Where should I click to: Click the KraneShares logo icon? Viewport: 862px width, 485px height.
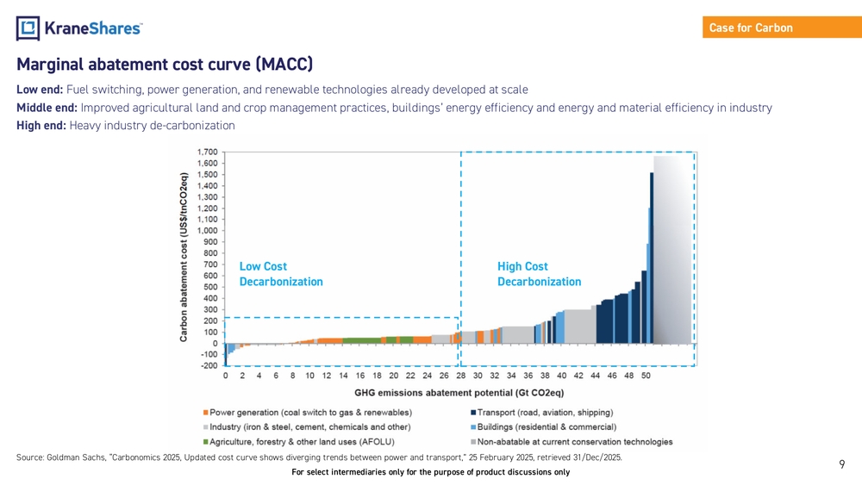[28, 28]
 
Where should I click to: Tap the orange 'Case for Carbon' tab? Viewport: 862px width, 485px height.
[751, 28]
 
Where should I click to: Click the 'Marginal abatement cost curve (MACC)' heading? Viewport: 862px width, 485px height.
[165, 65]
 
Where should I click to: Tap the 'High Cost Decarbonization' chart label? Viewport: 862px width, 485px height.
[539, 274]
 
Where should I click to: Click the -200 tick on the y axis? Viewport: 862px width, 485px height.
[209, 365]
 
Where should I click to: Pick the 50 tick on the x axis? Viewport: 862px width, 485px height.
[646, 376]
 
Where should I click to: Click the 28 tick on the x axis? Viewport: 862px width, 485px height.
[460, 376]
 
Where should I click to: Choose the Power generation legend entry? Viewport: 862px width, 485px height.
[307, 412]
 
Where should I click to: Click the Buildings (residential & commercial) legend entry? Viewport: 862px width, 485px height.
[543, 426]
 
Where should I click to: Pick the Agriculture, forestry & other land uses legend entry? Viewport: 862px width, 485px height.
[297, 442]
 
